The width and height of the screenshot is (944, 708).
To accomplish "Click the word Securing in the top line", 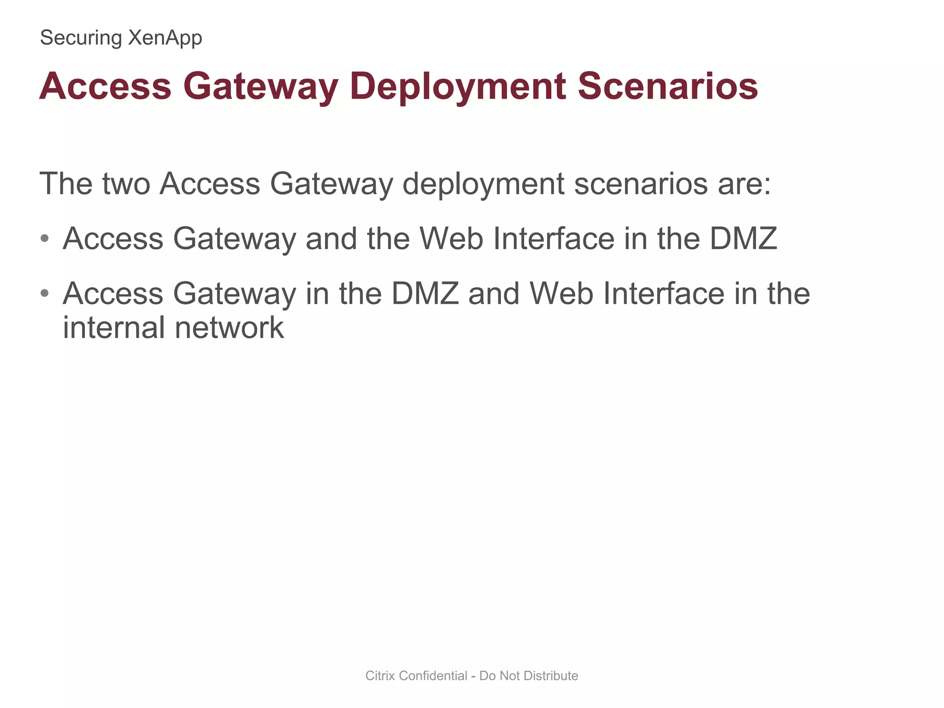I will pos(81,38).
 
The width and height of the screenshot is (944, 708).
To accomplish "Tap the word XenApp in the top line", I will pos(165,38).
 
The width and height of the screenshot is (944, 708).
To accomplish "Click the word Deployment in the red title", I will pos(458,87).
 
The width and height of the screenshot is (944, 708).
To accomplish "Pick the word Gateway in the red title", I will pos(261,87).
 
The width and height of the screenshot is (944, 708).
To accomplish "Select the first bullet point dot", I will pos(45,239).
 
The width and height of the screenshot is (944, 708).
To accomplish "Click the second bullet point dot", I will pos(45,293).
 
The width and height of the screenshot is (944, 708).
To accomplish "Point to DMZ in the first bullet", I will pos(743,238).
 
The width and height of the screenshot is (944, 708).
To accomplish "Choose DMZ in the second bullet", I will pos(425,293).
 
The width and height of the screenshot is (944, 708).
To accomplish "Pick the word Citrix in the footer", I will pos(380,676).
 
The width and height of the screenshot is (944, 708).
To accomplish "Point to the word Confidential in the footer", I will pos(433,676).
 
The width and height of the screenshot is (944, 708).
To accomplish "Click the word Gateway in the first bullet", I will pos(234,239).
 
